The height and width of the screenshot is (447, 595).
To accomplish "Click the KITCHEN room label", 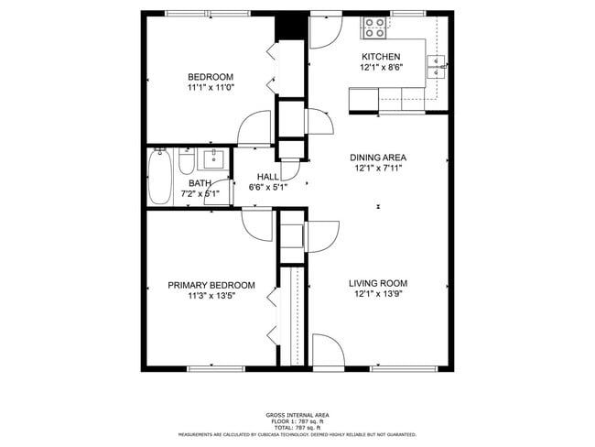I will click(x=379, y=56).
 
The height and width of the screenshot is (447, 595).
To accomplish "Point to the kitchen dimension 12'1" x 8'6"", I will click(x=379, y=67).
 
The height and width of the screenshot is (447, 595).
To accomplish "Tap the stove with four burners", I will click(x=373, y=28).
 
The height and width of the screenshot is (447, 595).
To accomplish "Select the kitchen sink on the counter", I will click(x=437, y=63).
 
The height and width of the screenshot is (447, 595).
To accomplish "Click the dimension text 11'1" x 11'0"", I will click(x=211, y=88).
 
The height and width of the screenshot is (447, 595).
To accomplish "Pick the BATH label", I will click(x=173, y=182).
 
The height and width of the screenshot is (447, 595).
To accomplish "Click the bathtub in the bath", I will click(x=159, y=178).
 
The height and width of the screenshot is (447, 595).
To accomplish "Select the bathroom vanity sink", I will click(x=213, y=161).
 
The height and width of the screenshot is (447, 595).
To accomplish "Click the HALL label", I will click(x=268, y=177).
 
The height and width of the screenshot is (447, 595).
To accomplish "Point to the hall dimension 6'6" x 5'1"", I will click(x=268, y=188).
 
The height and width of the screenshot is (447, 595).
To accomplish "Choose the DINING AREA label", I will click(x=379, y=157).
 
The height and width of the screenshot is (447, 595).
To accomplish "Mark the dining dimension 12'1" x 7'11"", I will click(x=379, y=168).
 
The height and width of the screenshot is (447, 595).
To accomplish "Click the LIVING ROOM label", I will click(x=378, y=283).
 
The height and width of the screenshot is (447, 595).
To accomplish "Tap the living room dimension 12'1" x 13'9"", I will click(x=378, y=295).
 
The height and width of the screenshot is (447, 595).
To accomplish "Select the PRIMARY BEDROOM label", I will click(x=211, y=285).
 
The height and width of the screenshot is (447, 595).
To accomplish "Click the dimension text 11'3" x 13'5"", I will click(x=211, y=296).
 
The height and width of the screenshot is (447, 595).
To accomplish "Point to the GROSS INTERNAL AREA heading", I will click(x=297, y=415).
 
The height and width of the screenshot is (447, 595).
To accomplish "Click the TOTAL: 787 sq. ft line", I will click(x=297, y=428).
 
